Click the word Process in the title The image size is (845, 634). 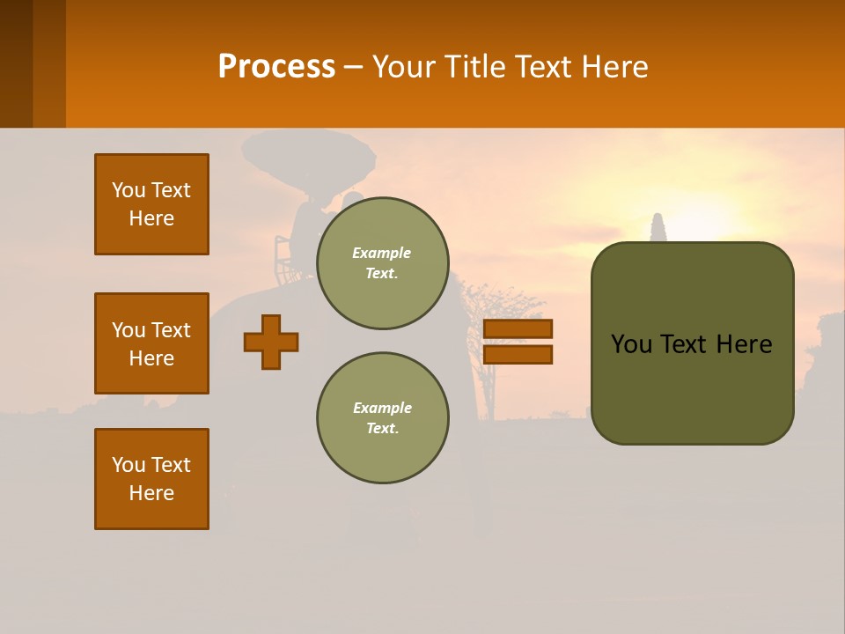(276, 67)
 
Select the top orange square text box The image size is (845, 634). (151, 204)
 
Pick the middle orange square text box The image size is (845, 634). (151, 343)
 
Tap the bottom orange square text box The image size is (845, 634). (151, 479)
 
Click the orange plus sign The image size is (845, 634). (271, 342)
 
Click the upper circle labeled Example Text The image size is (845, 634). (382, 263)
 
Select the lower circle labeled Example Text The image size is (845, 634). (382, 418)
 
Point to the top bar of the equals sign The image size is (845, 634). (518, 328)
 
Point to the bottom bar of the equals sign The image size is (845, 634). (518, 355)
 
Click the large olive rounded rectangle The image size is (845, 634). (692, 387)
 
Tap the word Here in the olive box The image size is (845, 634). (744, 344)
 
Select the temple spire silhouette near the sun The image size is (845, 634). (658, 227)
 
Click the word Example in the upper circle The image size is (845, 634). (382, 253)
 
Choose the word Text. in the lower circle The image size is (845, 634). (382, 429)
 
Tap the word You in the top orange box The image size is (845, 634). (129, 190)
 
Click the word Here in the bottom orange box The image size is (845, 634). (151, 493)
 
